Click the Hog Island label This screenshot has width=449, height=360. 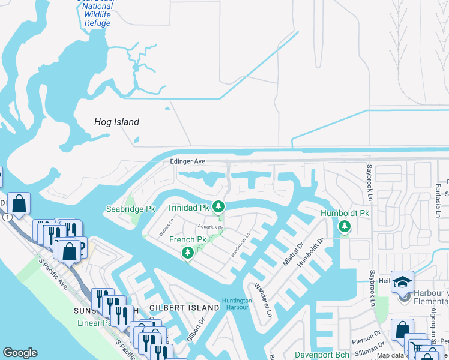[x=116, y=122]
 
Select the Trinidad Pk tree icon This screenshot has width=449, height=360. [x=219, y=208]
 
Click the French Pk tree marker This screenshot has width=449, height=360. [x=188, y=253]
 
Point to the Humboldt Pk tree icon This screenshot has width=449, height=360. [x=344, y=226]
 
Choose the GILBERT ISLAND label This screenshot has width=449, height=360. [x=184, y=308]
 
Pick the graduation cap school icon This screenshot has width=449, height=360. [x=402, y=281]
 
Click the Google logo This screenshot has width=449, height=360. [x=20, y=353]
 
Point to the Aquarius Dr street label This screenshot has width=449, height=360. [x=211, y=228]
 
